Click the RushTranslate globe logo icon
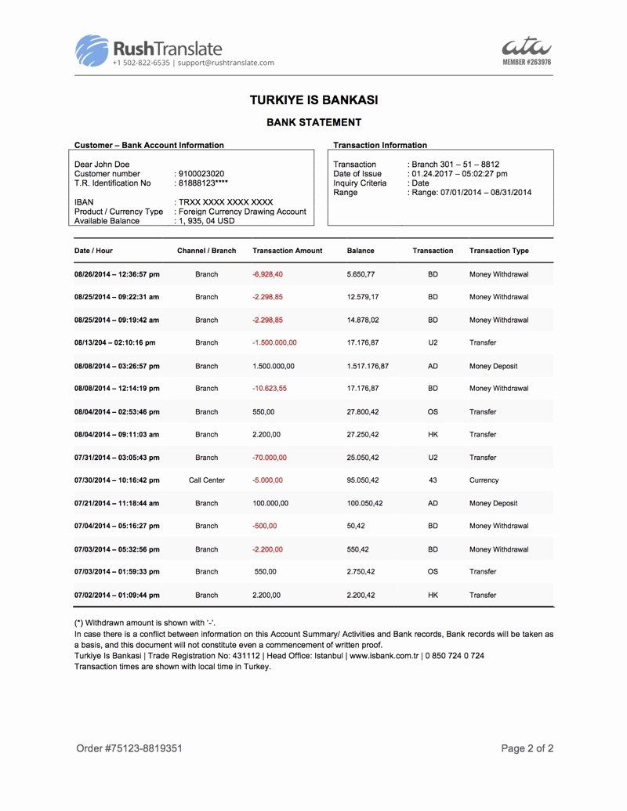click(92, 50)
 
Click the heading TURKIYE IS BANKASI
click(313, 100)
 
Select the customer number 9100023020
click(201, 174)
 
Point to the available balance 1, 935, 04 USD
click(206, 221)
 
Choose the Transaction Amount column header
click(287, 251)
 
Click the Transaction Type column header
click(498, 251)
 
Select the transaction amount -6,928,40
click(268, 274)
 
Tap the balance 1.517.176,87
click(368, 366)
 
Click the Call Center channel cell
click(207, 480)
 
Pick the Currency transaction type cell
click(484, 480)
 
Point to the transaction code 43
click(433, 480)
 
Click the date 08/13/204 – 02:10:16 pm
click(114, 342)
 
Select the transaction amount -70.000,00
click(270, 458)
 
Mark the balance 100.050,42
click(364, 503)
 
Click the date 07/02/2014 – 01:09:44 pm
click(117, 595)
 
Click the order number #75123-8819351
click(129, 748)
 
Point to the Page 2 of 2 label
click(527, 748)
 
